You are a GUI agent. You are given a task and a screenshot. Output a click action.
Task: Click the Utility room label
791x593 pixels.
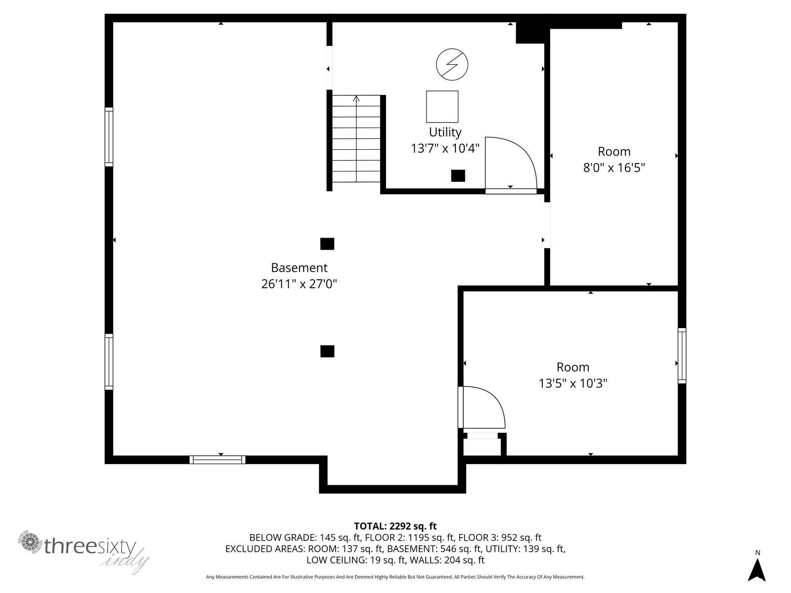tap(444, 132)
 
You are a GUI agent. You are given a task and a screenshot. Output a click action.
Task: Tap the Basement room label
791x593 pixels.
tap(299, 267)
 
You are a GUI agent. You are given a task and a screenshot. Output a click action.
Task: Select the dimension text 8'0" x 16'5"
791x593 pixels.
tap(614, 168)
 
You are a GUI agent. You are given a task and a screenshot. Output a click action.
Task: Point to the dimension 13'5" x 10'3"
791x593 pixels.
tap(572, 383)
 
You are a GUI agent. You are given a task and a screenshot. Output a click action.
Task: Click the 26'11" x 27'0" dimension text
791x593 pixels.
tap(299, 284)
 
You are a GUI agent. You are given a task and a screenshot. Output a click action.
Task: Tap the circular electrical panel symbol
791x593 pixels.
tap(452, 64)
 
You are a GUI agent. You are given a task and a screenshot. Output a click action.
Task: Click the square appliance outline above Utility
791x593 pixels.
tap(442, 107)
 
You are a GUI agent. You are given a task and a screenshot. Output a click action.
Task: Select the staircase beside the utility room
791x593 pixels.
tap(356, 139)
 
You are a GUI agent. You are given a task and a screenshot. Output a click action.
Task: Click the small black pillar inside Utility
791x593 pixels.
tap(458, 176)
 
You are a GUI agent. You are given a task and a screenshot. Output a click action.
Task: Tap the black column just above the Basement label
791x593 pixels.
tap(327, 244)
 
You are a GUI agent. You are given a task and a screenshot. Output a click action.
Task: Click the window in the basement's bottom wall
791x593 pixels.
tap(218, 460)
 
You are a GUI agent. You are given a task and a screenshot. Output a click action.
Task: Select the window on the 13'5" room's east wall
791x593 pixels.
tap(682, 355)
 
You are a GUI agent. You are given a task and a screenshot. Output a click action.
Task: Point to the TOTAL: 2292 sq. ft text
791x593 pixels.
tap(395, 526)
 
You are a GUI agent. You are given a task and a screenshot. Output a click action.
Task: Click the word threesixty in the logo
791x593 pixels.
tap(90, 546)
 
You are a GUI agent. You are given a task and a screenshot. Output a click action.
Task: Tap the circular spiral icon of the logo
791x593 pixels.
tap(30, 542)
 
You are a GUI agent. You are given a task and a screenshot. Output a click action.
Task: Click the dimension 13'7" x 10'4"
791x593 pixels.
tap(445, 148)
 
